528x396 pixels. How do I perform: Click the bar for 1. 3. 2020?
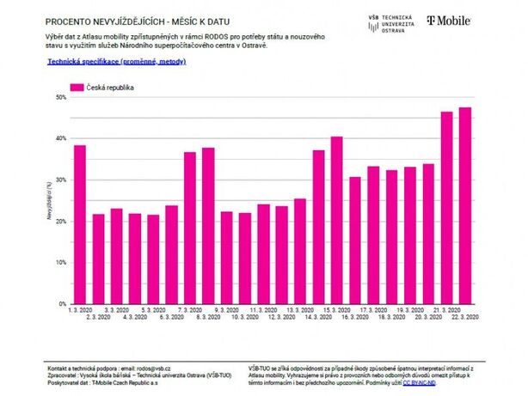80,224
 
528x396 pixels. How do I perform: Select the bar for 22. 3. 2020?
465,205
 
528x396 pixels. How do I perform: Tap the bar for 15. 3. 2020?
336,220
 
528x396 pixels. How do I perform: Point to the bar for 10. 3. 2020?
245,258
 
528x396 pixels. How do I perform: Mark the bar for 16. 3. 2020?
355,240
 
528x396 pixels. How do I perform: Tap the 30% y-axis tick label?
60,180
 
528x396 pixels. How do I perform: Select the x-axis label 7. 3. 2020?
190,309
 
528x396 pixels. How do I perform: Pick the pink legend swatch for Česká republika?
77,88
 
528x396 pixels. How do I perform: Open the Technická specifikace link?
116,62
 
